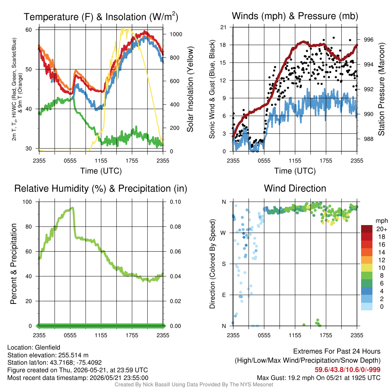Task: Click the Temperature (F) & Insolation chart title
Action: [x=101, y=17]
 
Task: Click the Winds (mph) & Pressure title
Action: [x=295, y=16]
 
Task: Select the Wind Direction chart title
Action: [x=295, y=188]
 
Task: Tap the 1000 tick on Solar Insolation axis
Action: [x=176, y=34]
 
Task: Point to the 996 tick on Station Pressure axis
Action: [x=368, y=39]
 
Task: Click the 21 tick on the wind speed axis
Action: [x=223, y=27]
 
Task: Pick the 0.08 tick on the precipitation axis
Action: [x=175, y=227]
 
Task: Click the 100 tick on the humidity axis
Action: [x=27, y=202]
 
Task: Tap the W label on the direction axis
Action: [x=223, y=233]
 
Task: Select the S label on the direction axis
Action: [x=224, y=264]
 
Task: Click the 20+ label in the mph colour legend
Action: [x=382, y=229]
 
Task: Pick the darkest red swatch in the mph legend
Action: [x=367, y=229]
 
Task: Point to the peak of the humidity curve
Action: [x=72, y=208]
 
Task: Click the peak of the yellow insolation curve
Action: [x=122, y=28]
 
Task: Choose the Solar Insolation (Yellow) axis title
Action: [x=190, y=89]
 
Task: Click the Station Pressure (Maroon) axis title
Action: [x=381, y=89]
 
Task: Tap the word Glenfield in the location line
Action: [x=47, y=347]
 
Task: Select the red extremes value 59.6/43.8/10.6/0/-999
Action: [x=347, y=370]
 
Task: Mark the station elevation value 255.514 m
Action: [x=74, y=355]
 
